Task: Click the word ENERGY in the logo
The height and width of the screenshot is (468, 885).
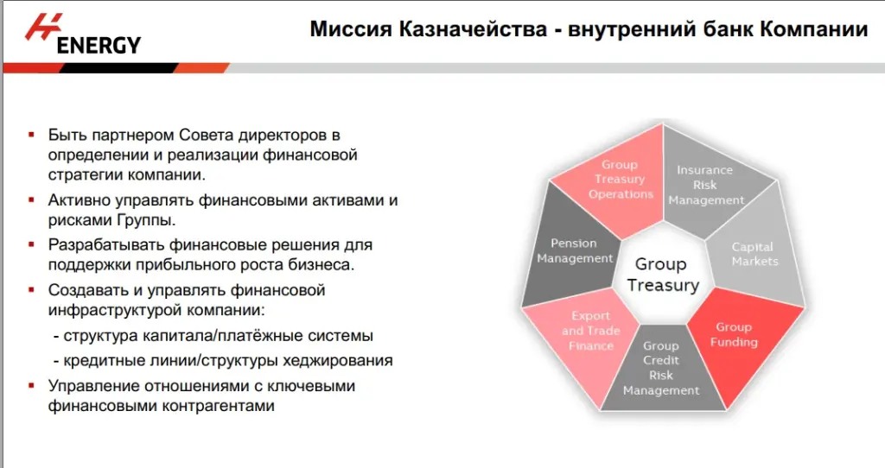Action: (x=98, y=45)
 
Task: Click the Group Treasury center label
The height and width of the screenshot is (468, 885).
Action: (x=661, y=275)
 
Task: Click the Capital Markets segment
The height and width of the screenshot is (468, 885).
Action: (x=754, y=254)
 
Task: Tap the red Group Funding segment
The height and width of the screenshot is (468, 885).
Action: (x=734, y=335)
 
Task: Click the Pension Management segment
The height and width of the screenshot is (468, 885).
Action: (x=575, y=250)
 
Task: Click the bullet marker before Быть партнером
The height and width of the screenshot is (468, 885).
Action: (x=31, y=136)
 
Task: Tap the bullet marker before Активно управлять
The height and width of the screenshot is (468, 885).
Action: (x=31, y=200)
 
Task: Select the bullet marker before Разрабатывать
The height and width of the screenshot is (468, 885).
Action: (x=31, y=245)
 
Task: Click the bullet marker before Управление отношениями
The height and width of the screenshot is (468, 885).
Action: (x=31, y=386)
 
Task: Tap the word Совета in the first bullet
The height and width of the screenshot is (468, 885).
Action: (x=204, y=136)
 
